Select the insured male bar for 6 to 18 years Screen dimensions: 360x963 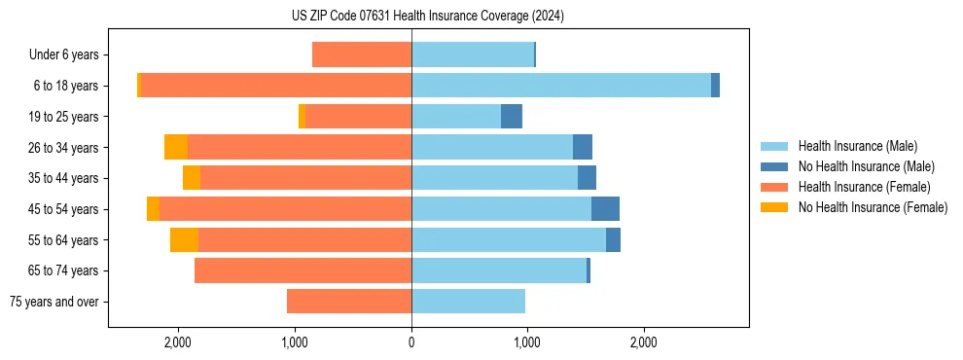click(x=561, y=86)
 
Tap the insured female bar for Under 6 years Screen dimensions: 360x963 click(x=362, y=54)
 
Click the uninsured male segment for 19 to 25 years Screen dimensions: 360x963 click(x=512, y=117)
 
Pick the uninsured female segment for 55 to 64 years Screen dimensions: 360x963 click(x=184, y=239)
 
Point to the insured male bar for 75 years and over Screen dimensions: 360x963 click(x=468, y=302)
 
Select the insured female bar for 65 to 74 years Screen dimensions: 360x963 click(x=303, y=270)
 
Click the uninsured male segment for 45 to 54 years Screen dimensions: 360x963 click(x=605, y=209)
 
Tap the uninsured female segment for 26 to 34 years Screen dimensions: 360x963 click(x=176, y=147)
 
